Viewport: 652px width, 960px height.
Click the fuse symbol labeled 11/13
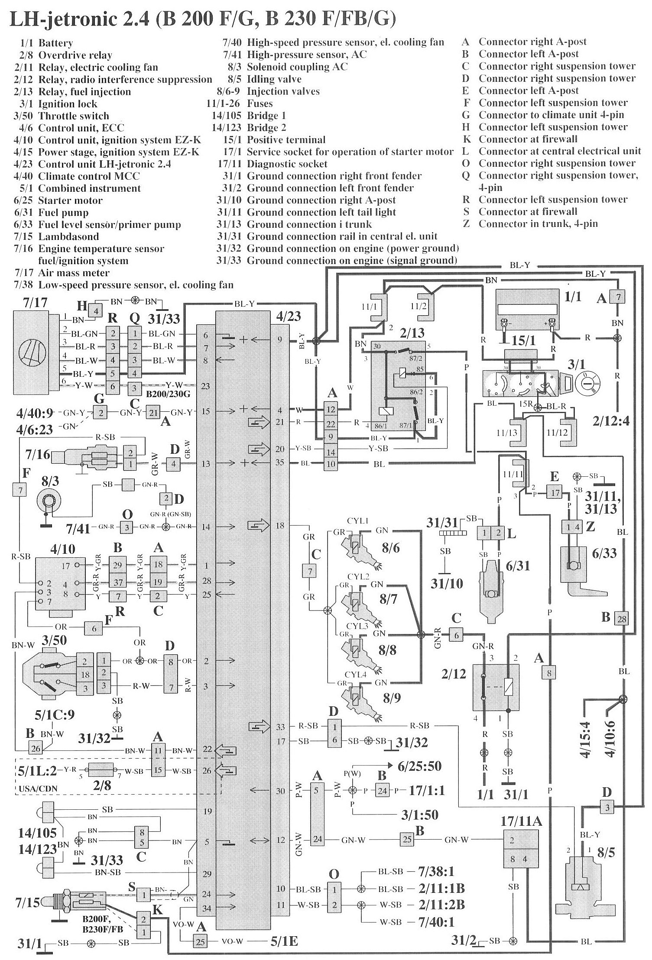[522, 429]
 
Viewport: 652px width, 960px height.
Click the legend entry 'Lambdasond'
[68, 236]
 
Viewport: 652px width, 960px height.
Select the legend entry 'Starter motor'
[70, 200]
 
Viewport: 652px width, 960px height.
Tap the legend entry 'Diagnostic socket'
[287, 164]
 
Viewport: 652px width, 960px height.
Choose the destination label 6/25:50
[419, 766]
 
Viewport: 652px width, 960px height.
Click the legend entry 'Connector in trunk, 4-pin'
[538, 224]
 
